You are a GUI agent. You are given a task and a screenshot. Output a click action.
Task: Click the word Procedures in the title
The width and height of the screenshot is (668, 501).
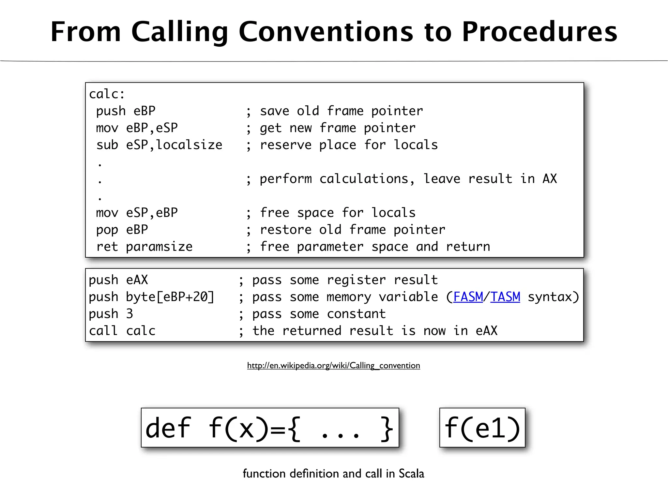pyautogui.click(x=539, y=32)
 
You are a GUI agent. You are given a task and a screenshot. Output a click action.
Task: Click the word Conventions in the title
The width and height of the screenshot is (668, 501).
pyautogui.click(x=326, y=32)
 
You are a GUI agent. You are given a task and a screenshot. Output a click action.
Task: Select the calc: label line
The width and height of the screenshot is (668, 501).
pyautogui.click(x=107, y=94)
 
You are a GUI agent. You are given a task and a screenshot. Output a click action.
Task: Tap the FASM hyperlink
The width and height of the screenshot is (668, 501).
pyautogui.click(x=468, y=297)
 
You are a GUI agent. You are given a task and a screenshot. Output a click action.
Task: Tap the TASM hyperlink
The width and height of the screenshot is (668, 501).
pyautogui.click(x=505, y=297)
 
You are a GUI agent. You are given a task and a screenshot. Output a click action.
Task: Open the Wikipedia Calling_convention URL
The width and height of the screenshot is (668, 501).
pyautogui.click(x=333, y=365)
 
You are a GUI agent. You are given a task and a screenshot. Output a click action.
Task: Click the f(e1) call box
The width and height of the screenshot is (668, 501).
pyautogui.click(x=482, y=428)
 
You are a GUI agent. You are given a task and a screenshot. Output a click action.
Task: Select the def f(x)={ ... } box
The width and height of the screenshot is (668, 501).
pyautogui.click(x=270, y=428)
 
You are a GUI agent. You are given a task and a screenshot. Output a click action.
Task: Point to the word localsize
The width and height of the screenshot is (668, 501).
pyautogui.click(x=189, y=145)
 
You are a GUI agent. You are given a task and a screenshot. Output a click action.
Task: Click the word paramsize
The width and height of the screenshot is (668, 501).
pyautogui.click(x=159, y=247)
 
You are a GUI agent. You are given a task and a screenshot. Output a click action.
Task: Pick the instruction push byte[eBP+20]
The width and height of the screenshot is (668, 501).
pyautogui.click(x=151, y=297)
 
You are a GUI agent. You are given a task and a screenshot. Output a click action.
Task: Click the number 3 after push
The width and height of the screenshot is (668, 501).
pyautogui.click(x=129, y=314)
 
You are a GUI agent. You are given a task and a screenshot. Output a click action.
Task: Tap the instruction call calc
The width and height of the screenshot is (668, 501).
pyautogui.click(x=122, y=331)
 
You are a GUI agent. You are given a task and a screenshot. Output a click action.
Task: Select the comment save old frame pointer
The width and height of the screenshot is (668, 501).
pyautogui.click(x=341, y=111)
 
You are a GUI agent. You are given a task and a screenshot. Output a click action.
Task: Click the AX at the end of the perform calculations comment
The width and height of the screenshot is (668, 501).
pyautogui.click(x=550, y=179)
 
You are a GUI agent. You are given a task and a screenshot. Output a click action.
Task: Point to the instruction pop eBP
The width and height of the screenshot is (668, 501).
pyautogui.click(x=122, y=230)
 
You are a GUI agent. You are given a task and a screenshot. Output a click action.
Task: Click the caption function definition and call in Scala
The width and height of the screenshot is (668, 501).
pyautogui.click(x=333, y=473)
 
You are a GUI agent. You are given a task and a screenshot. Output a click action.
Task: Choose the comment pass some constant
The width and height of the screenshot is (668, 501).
pyautogui.click(x=319, y=314)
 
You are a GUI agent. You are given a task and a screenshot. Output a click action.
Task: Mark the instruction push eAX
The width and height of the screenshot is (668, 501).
pyautogui.click(x=118, y=280)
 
